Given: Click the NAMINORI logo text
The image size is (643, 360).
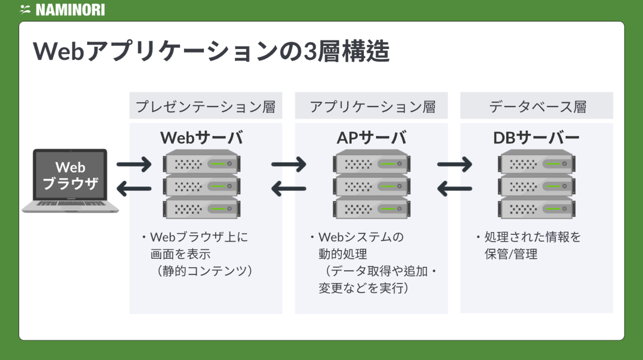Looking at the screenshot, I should point(70,10).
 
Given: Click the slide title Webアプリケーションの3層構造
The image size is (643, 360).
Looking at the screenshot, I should point(211,52).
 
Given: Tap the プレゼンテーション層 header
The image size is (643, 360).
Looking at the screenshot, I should point(205,106).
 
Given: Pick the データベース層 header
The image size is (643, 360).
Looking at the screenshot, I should point(537,106).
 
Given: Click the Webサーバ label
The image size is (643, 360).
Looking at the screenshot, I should point(202,138).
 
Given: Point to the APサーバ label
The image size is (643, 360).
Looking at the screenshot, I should point(372,138).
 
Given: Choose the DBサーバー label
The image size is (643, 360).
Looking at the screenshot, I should point(536,138).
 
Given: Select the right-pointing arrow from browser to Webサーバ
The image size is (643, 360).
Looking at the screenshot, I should point(134,164).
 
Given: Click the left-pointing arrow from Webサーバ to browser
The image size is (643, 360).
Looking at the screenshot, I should point(134,189).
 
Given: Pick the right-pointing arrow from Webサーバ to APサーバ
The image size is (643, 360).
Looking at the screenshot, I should point(289,164).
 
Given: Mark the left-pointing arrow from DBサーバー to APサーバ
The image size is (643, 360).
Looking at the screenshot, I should point(454,189).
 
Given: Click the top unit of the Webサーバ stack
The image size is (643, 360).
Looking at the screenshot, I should point(201,162).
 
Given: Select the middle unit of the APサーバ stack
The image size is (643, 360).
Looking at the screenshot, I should point(372,185).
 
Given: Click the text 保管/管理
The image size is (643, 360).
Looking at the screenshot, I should point(511,254).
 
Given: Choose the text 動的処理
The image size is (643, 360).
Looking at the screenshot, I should point(342,254).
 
